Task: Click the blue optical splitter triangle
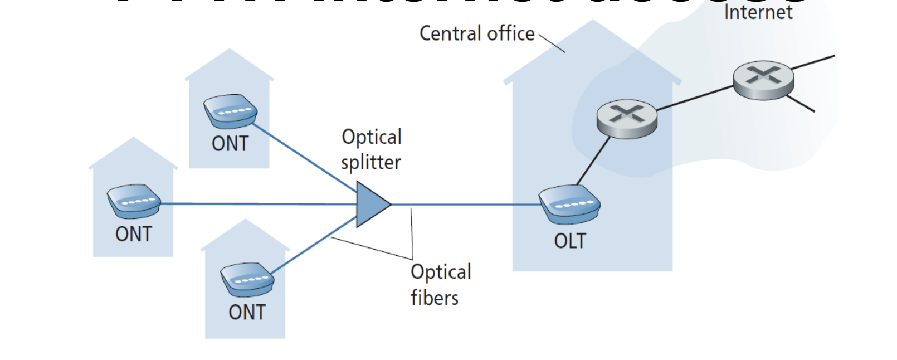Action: pos(371,205)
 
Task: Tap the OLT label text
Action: pos(570,241)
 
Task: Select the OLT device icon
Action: pos(569,205)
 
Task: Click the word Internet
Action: pos(758,12)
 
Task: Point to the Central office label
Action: pos(477,33)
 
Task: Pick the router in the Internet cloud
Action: pos(763,80)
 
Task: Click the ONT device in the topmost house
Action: pos(230,110)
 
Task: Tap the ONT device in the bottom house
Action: pos(247,279)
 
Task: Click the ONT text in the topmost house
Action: pos(230,144)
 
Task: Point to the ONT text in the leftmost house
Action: pos(133,234)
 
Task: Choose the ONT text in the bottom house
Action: pos(247,313)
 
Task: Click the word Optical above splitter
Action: pos(371,137)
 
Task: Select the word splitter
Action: pos(370,163)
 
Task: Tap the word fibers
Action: pos(434,298)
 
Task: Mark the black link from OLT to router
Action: pos(593,162)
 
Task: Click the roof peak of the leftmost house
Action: pos(134,139)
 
